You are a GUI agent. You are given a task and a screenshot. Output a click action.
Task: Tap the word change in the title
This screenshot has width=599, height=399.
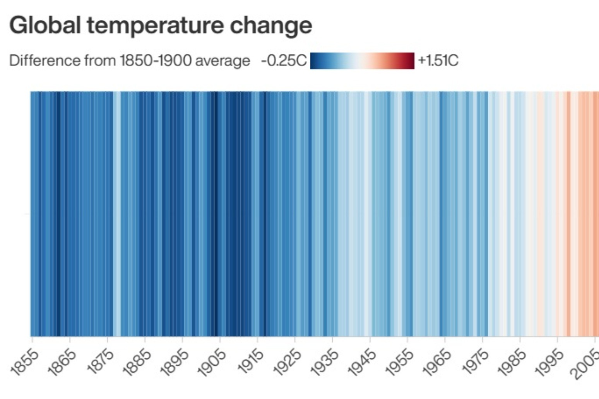pyautogui.click(x=271, y=25)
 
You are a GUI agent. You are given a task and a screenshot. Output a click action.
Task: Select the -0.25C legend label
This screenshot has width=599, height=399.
pyautogui.click(x=284, y=61)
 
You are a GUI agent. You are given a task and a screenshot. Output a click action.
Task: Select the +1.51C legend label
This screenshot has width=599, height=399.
pyautogui.click(x=438, y=61)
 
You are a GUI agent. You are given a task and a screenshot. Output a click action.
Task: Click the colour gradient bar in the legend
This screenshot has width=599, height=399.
pyautogui.click(x=362, y=61)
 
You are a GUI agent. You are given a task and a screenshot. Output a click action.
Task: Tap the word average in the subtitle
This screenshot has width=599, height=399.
pyautogui.click(x=222, y=61)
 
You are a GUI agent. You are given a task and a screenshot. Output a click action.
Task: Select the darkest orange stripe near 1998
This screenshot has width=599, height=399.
pyautogui.click(x=568, y=213)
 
